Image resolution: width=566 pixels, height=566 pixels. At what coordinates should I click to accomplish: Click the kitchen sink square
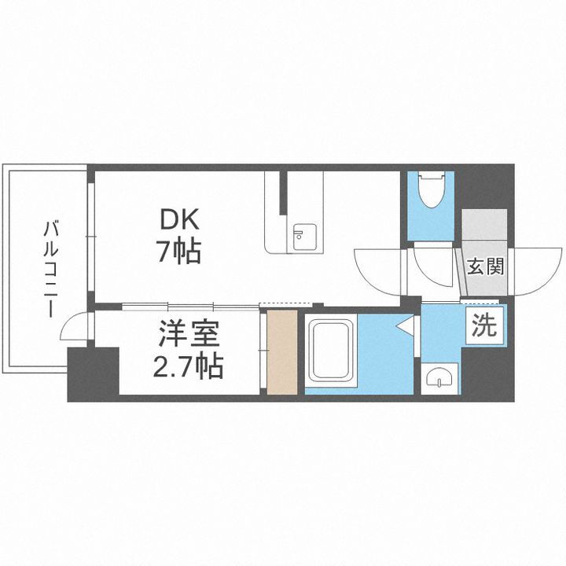click(302, 236)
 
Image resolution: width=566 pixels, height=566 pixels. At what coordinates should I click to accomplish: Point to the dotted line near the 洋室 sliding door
click(281, 305)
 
